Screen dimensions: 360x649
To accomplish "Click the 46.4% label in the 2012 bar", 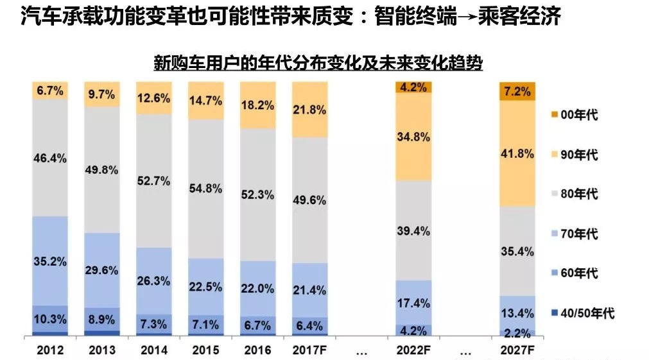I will point(50,157).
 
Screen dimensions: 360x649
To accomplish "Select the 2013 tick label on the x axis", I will point(102,350).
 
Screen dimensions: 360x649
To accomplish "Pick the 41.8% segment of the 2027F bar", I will point(517,154).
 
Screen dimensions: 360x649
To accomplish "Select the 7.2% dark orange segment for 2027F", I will point(517,92).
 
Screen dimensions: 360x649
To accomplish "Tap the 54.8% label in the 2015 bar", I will point(205,189).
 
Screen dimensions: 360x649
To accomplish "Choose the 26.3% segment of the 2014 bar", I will point(154,280).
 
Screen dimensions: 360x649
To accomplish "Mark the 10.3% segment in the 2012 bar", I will point(50,318).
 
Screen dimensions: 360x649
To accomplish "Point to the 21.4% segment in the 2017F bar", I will point(309,290).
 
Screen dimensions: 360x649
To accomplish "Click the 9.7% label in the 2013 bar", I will point(102,94).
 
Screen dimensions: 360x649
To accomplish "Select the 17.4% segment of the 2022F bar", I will point(413,302).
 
